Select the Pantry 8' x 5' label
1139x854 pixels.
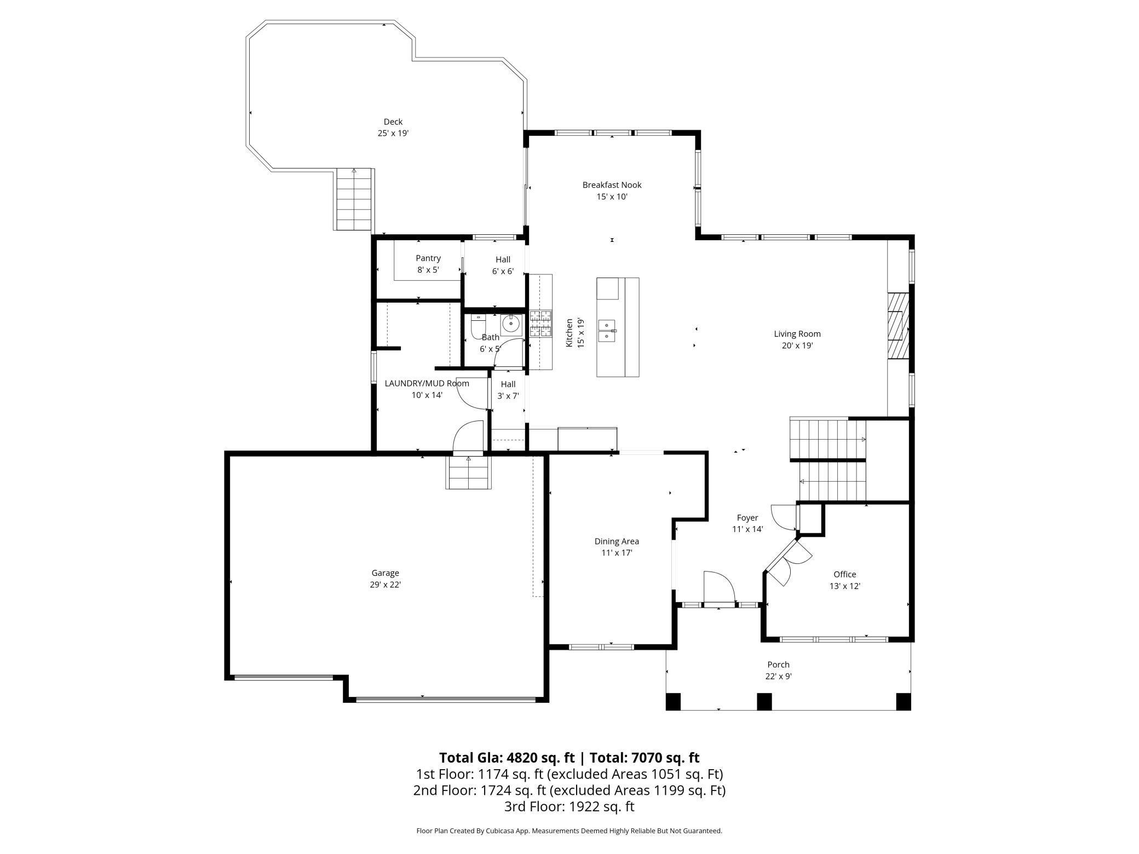(x=428, y=264)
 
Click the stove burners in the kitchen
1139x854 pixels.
(x=540, y=324)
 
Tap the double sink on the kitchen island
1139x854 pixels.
(x=607, y=331)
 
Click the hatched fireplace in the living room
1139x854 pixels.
(x=898, y=325)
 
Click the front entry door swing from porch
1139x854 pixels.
(x=718, y=588)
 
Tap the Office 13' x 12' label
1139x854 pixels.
(x=844, y=580)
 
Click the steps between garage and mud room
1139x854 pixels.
(x=468, y=472)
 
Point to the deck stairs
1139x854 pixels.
(x=354, y=200)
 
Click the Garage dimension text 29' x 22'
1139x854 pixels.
(x=385, y=585)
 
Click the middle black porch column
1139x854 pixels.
(x=764, y=701)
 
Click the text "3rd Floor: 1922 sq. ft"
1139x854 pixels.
(x=569, y=806)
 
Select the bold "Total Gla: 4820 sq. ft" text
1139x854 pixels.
(x=507, y=758)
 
